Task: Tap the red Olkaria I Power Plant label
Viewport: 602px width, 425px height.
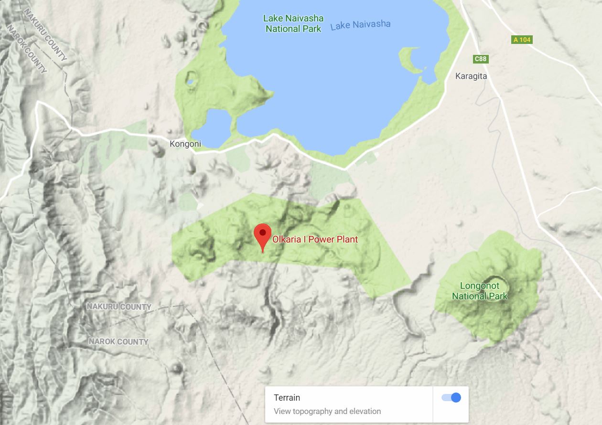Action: point(315,239)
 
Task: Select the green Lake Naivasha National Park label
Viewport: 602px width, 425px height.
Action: point(294,23)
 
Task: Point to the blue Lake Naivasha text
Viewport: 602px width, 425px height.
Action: point(360,25)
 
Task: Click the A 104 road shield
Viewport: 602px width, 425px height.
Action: point(522,40)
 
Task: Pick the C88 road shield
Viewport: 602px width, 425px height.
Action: point(481,59)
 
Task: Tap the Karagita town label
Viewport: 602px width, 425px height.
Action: point(471,76)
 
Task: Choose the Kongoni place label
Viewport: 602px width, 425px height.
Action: point(185,144)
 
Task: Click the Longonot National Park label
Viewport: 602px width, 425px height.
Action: point(479,291)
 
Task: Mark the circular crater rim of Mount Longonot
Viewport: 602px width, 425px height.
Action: point(495,286)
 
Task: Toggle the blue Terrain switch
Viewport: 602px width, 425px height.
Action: point(451,397)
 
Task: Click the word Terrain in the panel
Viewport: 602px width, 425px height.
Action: point(287,397)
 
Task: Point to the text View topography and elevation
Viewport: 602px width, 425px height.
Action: point(327,411)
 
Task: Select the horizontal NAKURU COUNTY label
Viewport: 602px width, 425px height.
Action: point(119,307)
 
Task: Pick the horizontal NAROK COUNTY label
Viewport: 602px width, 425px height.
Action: point(118,341)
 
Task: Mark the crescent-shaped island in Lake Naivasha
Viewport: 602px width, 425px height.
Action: point(410,60)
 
